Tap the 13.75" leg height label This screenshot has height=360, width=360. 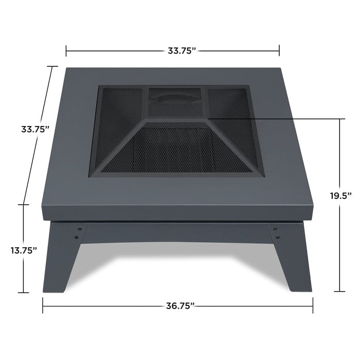tap(24, 250)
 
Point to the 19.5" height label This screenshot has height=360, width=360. tap(340, 195)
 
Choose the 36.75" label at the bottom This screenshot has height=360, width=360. tap(179, 305)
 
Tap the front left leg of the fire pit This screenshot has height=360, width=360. tap(60, 257)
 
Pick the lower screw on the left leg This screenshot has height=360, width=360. tap(76, 237)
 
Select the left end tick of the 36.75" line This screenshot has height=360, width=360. tap(43, 306)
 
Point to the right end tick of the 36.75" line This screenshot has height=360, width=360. tap(313, 306)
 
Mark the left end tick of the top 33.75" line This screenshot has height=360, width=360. tap(66, 50)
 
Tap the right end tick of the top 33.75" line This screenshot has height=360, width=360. tap(279, 50)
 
